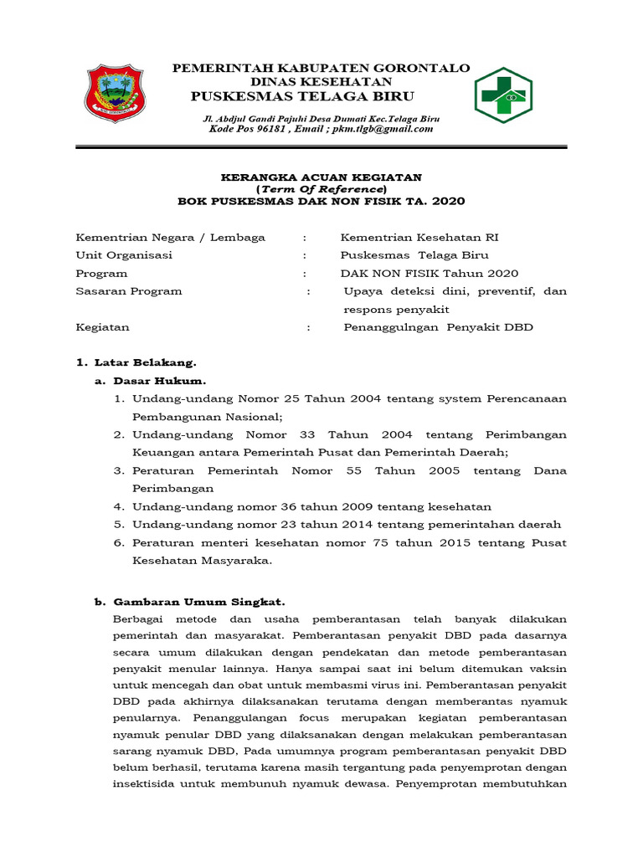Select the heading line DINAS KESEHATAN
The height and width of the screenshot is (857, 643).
point(321,81)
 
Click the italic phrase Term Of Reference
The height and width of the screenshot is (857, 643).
point(321,189)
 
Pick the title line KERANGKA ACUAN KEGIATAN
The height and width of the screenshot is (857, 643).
point(321,177)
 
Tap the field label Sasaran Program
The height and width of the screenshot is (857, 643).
point(129,291)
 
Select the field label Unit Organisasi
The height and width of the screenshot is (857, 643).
point(124,255)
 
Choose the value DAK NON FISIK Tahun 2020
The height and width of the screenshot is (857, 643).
point(429,274)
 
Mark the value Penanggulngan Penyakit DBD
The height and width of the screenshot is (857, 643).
point(438,327)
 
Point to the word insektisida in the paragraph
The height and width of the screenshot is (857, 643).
point(145,784)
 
